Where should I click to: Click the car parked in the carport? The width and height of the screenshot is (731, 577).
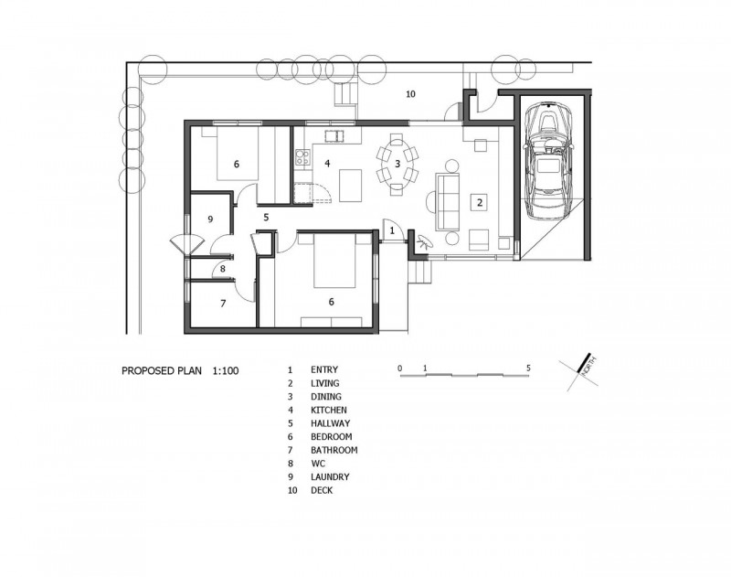point(549,161)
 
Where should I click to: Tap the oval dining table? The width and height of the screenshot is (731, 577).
point(397,164)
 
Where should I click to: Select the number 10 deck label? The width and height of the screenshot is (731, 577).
point(410,94)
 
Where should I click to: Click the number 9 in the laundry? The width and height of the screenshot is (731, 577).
point(210,219)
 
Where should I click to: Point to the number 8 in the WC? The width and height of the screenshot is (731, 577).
point(223,269)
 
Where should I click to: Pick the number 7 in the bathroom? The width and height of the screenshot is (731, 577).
point(223,304)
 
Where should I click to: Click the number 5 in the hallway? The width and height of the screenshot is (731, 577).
point(266,218)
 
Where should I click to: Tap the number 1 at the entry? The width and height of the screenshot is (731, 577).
point(392,230)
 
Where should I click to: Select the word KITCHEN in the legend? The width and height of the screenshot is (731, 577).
point(329,410)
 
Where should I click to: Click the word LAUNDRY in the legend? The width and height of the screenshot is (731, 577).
point(330,476)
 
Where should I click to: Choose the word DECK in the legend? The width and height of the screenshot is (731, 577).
point(322,490)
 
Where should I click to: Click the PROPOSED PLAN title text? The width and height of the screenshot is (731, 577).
point(162,371)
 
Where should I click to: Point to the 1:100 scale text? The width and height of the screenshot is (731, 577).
point(226,371)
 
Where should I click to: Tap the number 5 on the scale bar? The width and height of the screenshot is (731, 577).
point(528,368)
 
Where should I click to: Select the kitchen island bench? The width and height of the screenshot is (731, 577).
point(351,186)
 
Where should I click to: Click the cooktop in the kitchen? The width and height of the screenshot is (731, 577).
point(302,156)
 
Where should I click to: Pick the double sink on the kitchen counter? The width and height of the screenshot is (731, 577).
point(334,135)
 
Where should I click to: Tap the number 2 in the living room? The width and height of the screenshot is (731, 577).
point(479,202)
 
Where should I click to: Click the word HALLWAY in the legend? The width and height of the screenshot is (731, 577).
point(331,423)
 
